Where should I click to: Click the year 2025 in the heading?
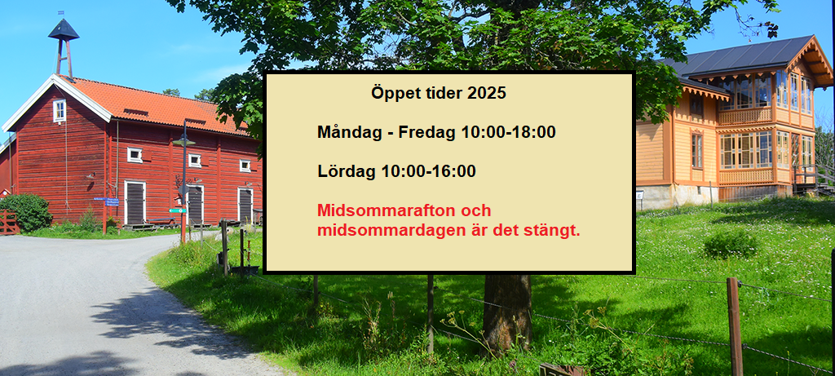(487, 93)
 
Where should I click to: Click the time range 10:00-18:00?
(509, 132)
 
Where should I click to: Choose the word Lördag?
(347, 171)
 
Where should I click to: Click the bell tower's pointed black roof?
(64, 30)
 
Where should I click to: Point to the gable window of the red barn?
(59, 111)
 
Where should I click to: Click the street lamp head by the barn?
(183, 142)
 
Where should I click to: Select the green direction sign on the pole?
(177, 210)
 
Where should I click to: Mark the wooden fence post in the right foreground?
(735, 326)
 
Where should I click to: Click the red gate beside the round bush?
(8, 222)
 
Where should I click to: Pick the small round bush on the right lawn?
(730, 244)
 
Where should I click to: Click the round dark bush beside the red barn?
(27, 212)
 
